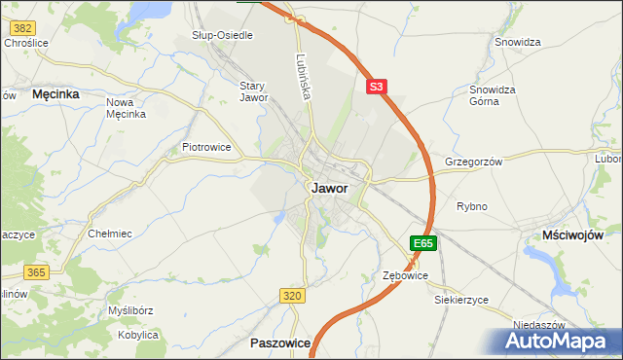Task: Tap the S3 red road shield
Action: coord(378,87)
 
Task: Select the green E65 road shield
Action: coord(422,242)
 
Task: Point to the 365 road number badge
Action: coord(37,271)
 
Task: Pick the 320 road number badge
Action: coord(291,295)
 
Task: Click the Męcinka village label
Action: coord(55,94)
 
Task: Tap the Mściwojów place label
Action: coord(572,235)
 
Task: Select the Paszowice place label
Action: coord(280,343)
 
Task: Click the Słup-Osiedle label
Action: coord(222,35)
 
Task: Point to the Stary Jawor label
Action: coord(253,90)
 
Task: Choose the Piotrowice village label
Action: coord(206,147)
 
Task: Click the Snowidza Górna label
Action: coord(492,94)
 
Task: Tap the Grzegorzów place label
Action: coord(473,162)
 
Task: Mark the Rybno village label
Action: coord(471,206)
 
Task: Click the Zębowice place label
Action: coord(404,276)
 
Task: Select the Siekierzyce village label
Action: coord(460,300)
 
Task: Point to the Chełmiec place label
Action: coord(110,234)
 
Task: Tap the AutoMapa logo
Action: coord(559,342)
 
